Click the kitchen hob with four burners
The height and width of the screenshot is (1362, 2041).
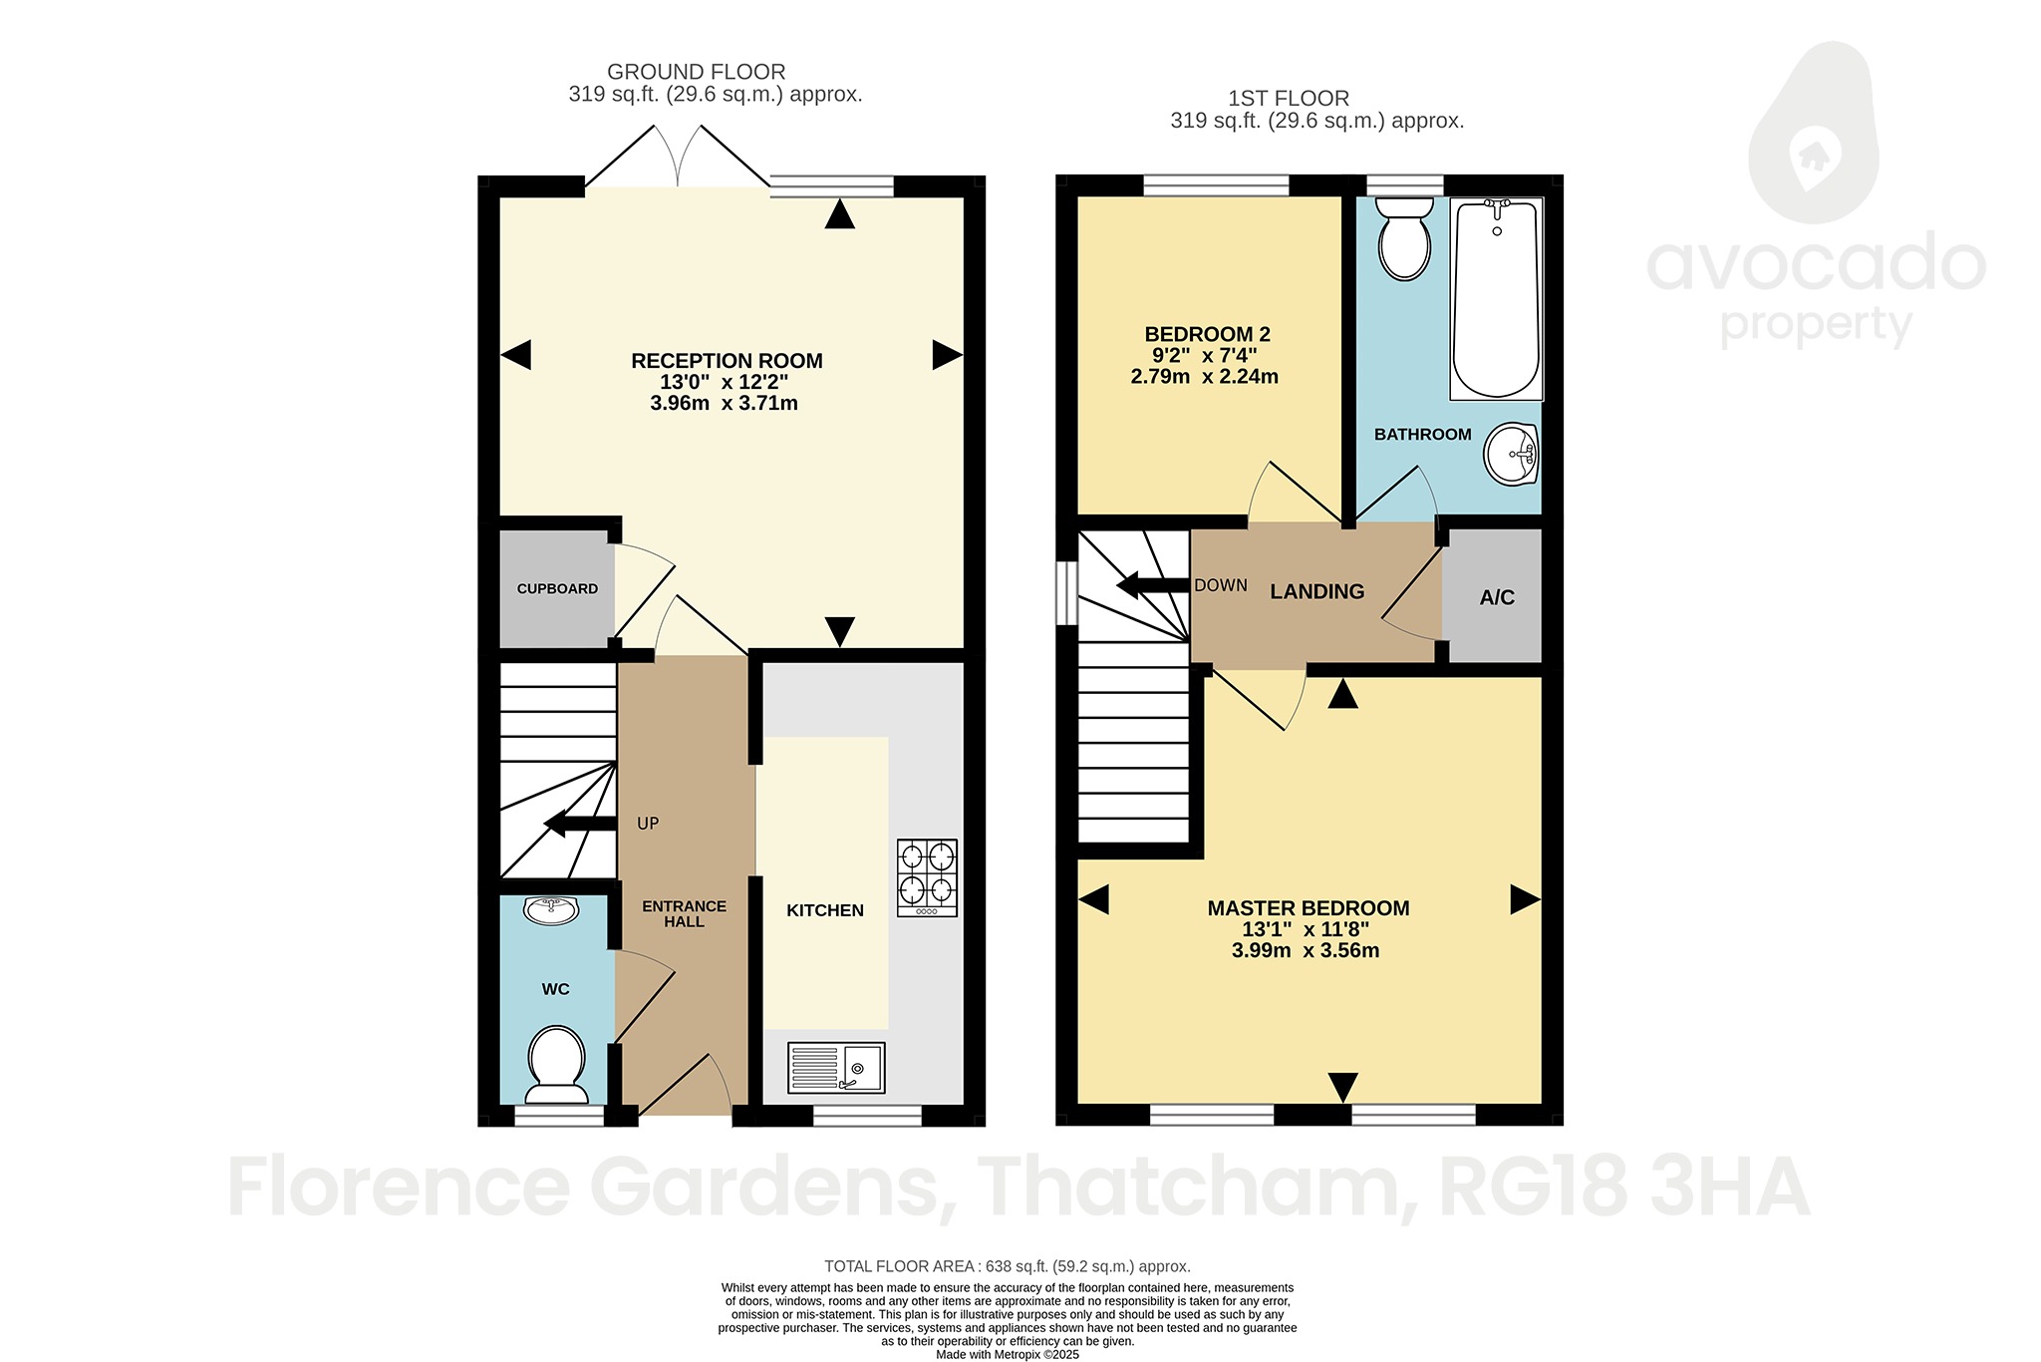[x=928, y=877]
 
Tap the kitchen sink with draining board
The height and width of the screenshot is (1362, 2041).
[x=836, y=1068]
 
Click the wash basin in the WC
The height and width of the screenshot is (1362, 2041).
[x=550, y=910]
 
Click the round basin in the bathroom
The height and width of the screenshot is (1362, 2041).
[x=1512, y=455]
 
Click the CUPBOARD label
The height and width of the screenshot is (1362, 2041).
[x=557, y=589]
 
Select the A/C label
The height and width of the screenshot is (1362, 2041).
[x=1496, y=597]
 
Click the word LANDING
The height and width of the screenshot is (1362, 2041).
[x=1316, y=592]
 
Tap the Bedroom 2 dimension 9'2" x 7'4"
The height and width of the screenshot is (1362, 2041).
[x=1204, y=356]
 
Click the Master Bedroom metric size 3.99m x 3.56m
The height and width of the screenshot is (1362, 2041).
[x=1306, y=951]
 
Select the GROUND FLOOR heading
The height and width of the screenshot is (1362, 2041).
[x=696, y=72]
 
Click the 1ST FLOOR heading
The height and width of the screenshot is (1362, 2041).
[x=1288, y=99]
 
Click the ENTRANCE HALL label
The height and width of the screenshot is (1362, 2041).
[x=684, y=913]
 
